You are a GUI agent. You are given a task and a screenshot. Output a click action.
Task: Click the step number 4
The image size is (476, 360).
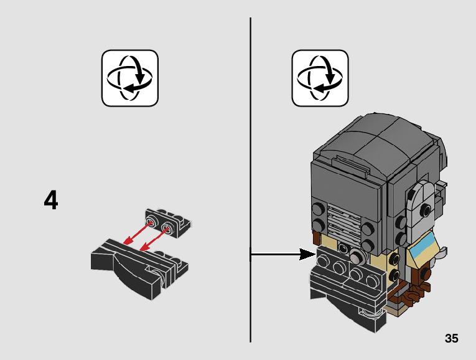tap(51, 201)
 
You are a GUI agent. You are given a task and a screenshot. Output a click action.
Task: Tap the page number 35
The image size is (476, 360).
tap(452, 339)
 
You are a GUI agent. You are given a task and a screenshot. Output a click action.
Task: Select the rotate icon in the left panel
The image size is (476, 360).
tap(130, 78)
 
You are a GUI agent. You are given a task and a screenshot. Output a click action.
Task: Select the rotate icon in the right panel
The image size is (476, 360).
tap(320, 78)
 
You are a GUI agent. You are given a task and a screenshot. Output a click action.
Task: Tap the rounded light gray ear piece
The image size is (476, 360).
tap(421, 204)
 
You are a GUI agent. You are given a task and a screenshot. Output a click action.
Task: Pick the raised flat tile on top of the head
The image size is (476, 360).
tap(352, 164)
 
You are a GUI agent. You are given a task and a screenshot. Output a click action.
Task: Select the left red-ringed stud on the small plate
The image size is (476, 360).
tap(151, 221)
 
